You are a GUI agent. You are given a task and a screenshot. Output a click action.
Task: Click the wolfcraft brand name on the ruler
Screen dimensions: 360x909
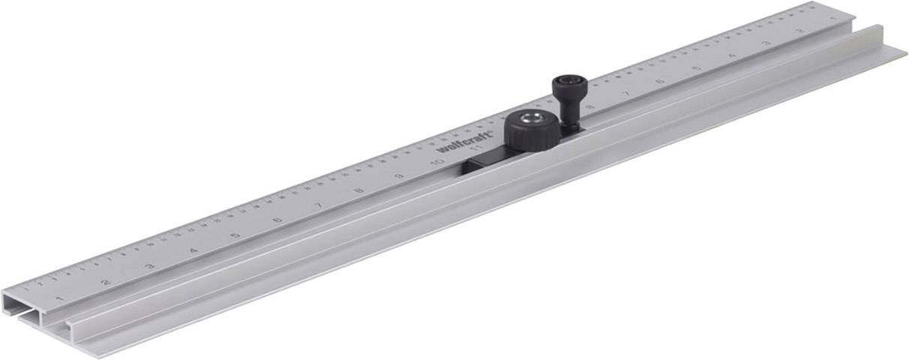(x=464, y=142)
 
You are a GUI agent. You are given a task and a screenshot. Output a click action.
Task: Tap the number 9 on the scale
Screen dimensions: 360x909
(x=399, y=175)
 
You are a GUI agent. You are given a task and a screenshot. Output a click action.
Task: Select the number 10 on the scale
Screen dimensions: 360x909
(x=436, y=160)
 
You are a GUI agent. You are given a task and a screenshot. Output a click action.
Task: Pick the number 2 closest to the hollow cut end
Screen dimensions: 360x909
(x=106, y=281)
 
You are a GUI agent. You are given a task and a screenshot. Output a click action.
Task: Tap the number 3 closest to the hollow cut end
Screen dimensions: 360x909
(x=150, y=265)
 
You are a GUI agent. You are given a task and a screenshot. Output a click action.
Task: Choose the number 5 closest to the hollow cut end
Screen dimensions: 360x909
(x=235, y=235)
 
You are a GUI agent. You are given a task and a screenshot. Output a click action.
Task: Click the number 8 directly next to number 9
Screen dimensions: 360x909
(x=359, y=190)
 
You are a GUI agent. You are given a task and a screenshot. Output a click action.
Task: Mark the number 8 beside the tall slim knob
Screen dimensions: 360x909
(x=589, y=106)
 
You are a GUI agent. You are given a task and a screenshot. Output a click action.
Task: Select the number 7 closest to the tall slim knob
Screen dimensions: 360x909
(x=626, y=93)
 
